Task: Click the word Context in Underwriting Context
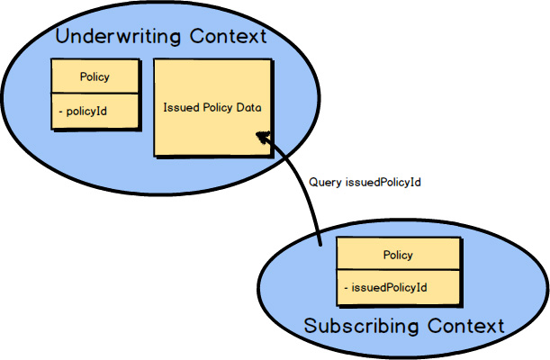[x=228, y=37]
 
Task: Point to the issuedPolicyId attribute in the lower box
[x=389, y=288]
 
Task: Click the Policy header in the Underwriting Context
[x=95, y=77]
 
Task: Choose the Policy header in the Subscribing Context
[x=398, y=255]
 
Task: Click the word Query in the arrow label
[x=324, y=182]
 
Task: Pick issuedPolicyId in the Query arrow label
[x=384, y=182]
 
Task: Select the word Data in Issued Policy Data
[x=248, y=107]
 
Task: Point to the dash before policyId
[x=60, y=110]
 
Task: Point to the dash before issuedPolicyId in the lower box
[x=347, y=288]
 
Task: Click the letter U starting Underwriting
[x=63, y=38]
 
